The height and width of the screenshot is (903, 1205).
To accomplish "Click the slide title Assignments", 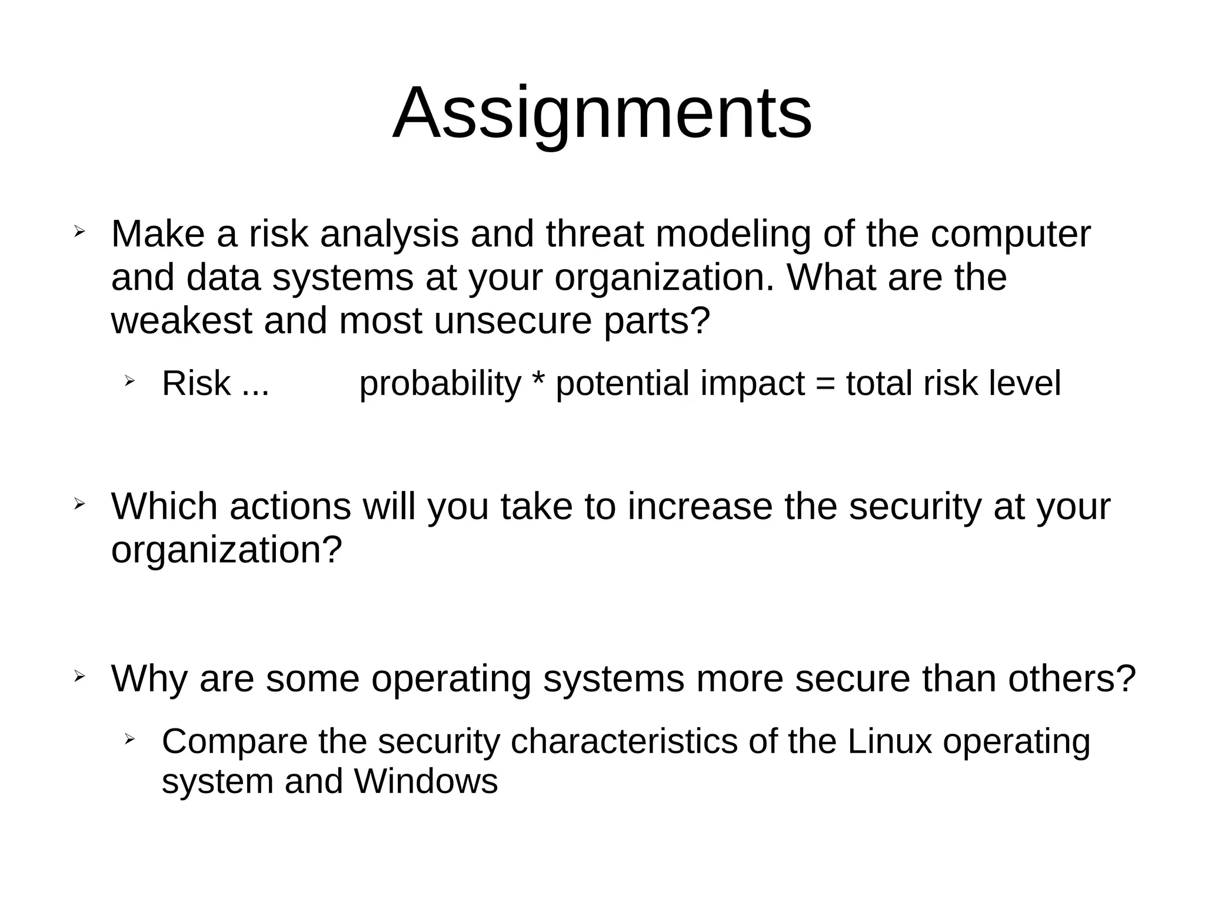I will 602,113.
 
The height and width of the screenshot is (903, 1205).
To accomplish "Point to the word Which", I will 164,506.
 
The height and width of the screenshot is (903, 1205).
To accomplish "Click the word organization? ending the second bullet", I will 227,551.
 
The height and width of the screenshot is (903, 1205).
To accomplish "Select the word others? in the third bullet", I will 1071,678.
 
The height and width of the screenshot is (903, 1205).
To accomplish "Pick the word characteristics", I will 624,741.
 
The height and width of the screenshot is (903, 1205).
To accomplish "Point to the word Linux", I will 890,741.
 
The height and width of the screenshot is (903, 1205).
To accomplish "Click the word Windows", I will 426,782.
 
